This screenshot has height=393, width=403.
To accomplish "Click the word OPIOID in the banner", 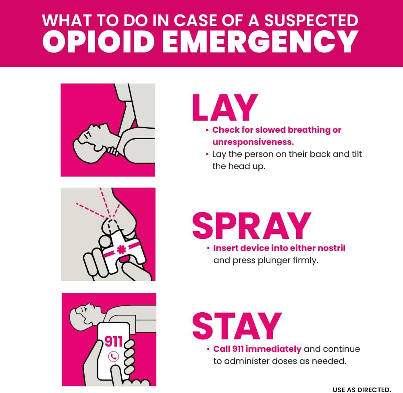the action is click(98, 42).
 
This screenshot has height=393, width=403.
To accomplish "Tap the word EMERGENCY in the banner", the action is click(260, 42).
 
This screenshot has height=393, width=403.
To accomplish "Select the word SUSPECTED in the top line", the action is click(311, 20).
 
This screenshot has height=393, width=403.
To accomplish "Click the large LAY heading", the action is click(225, 108).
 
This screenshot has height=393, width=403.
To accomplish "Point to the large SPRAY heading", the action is click(251, 226).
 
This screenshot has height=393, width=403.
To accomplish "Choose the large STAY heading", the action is click(237, 326).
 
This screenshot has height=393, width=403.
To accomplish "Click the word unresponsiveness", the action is click(253, 142).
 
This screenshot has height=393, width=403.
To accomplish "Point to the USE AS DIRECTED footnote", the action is click(361, 390).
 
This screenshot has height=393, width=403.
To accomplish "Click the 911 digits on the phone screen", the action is click(113, 341).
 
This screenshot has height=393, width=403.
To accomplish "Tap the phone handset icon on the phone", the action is click(113, 356).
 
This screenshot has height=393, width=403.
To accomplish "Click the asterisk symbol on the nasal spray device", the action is click(121, 249).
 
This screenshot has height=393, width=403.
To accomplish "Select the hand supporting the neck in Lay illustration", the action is click(112, 151).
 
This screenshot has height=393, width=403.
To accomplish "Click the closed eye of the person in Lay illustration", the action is click(87, 134).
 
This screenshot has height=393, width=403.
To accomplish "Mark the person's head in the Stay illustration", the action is click(83, 316).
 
